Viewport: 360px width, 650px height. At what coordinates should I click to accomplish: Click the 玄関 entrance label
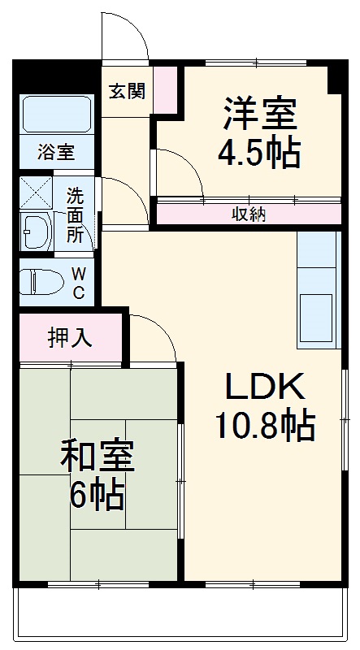[128, 91]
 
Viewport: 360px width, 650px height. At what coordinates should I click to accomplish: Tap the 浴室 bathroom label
[56, 152]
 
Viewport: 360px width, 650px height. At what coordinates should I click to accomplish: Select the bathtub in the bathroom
[56, 114]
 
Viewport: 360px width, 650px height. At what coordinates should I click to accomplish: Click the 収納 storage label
[249, 214]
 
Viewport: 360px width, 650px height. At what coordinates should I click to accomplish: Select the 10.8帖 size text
[264, 424]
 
